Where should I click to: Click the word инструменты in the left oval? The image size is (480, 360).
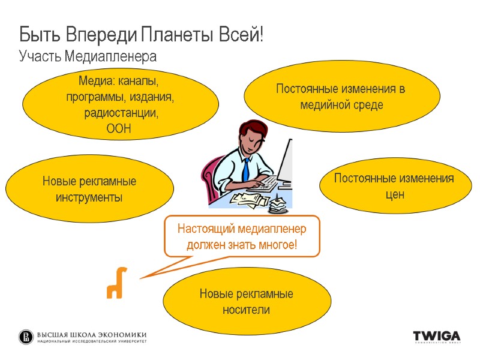coord(89,196)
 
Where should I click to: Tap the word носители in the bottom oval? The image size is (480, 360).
coord(246,310)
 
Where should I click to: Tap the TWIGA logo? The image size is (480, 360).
coord(436,336)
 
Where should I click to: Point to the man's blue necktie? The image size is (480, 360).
coord(245,167)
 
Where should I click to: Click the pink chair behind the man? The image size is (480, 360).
coord(211,174)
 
